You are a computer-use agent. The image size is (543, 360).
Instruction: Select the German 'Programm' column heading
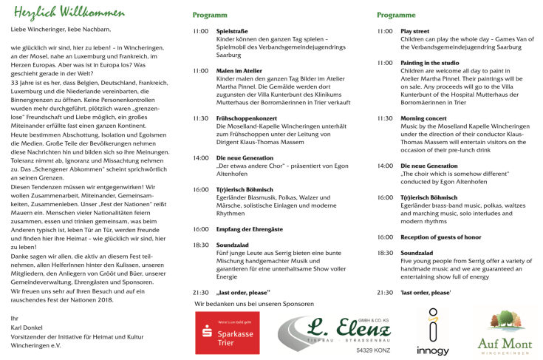(210, 15)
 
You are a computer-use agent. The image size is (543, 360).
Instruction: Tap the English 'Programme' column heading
(396, 15)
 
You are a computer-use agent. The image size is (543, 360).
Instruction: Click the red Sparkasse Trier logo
(227, 333)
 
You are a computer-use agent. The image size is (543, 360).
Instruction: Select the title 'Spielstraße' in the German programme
(231, 32)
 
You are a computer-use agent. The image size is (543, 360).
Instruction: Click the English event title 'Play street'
(414, 32)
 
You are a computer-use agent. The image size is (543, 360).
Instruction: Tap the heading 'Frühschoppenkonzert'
(246, 118)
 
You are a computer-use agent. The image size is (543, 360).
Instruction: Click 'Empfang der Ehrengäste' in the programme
(249, 229)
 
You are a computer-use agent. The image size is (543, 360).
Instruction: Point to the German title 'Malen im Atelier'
(239, 70)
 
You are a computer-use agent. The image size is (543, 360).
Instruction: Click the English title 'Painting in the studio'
(430, 63)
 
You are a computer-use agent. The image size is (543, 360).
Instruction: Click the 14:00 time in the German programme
(200, 158)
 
